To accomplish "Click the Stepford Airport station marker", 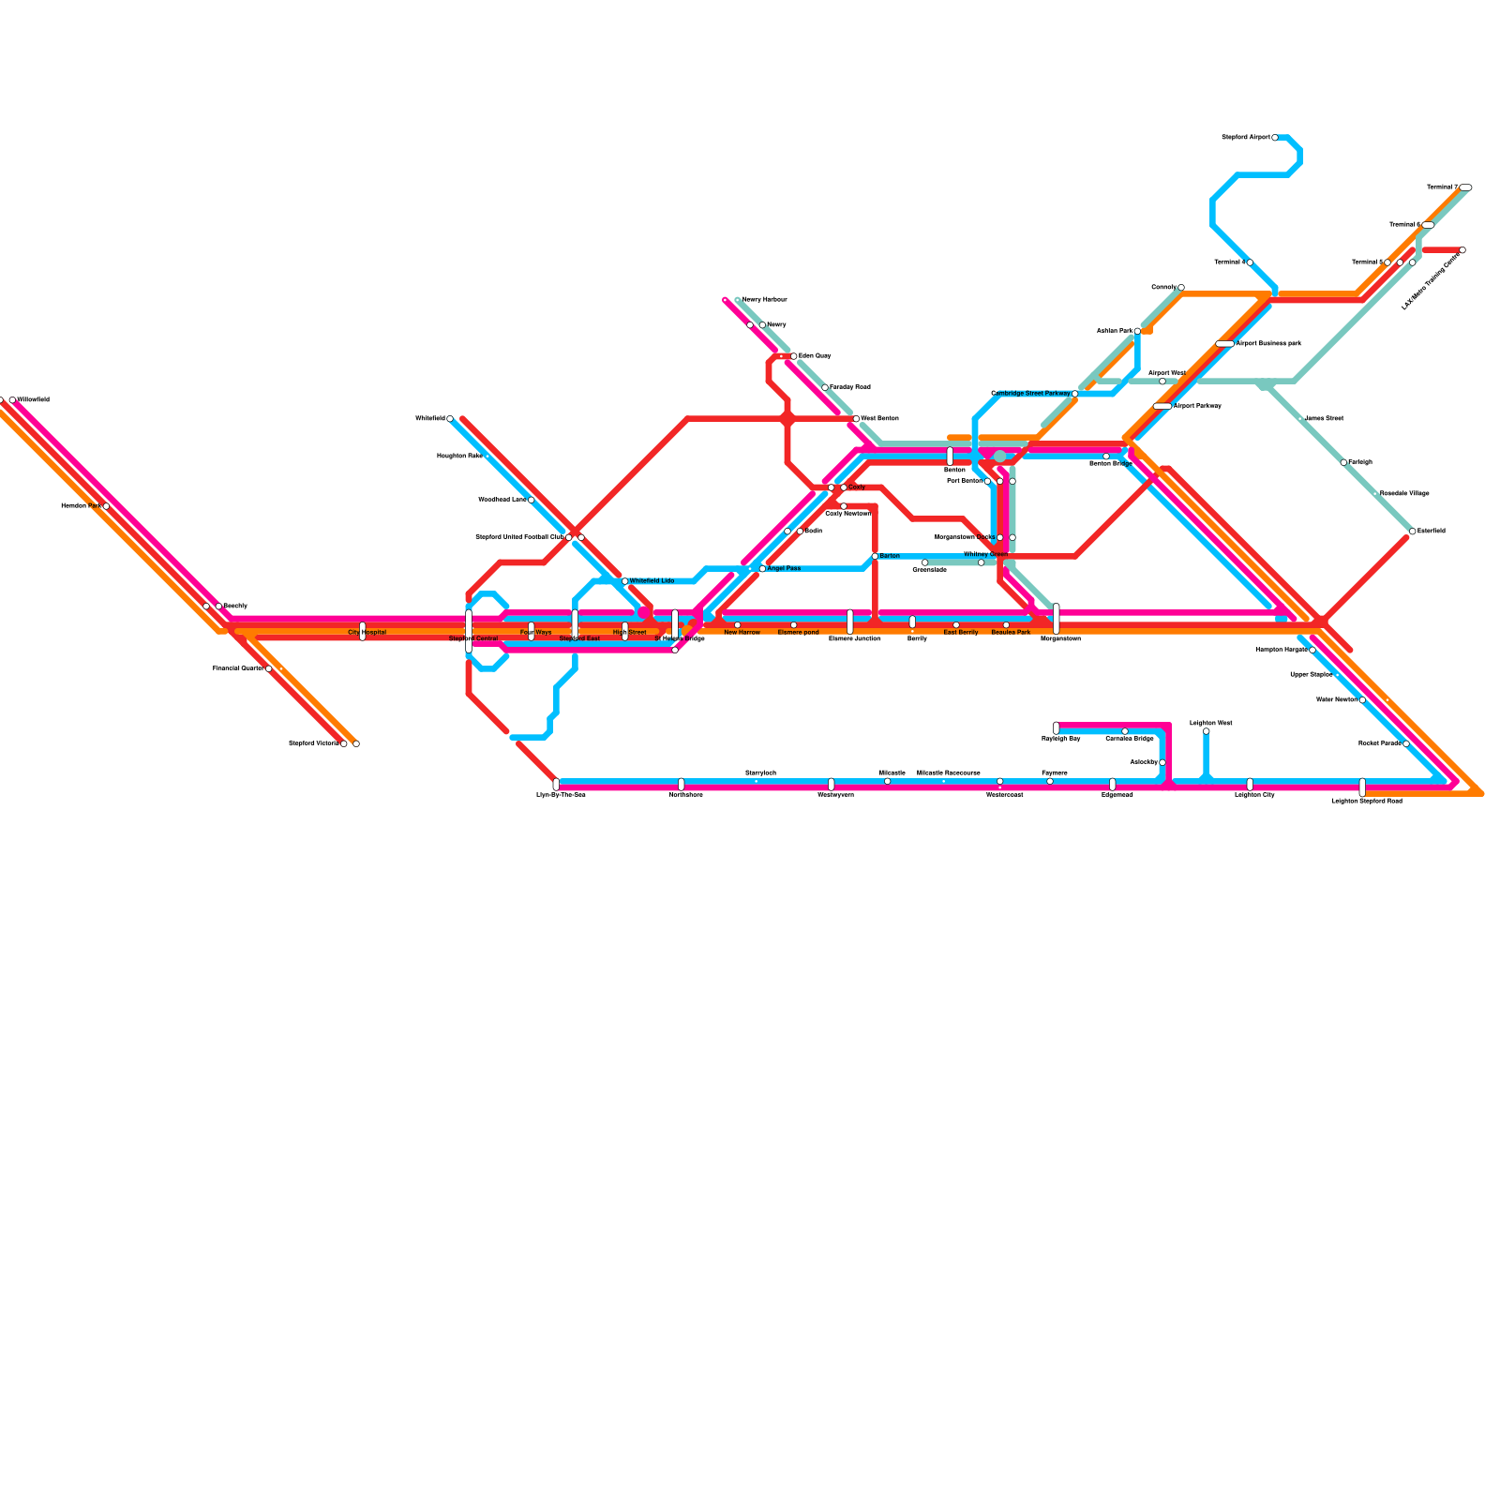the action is point(1275,138).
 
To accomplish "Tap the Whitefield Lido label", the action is point(652,581).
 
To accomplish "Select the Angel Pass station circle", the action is point(762,569).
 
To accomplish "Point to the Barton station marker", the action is point(875,556).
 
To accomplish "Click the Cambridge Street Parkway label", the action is point(1030,394).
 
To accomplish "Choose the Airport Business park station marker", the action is point(1224,344).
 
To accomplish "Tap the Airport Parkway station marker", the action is point(1162,406).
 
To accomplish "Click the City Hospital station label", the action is point(367,633).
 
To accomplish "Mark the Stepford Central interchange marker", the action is point(469,630).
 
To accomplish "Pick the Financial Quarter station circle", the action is point(268,668).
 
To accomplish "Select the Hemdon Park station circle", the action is point(106,506).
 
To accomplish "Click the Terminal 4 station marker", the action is point(1250,262).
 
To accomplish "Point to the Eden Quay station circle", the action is point(793,356).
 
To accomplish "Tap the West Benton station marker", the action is point(856,419).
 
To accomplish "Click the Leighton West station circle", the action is point(1206,731).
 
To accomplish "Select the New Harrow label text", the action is point(742,633).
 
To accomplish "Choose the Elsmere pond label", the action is point(798,633).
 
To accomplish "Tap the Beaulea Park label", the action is point(1011,633).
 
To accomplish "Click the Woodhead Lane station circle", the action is point(531,500).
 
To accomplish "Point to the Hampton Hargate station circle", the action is point(1312,650).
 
